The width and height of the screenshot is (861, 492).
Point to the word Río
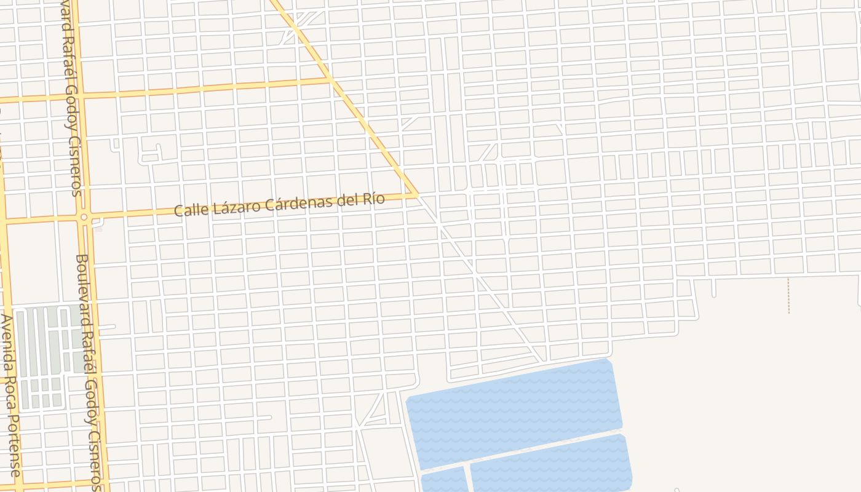pyautogui.click(x=373, y=199)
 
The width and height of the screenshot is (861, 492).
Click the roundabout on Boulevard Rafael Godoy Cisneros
pyautogui.click(x=84, y=217)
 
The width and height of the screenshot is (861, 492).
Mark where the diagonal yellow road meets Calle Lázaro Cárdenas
pyautogui.click(x=418, y=195)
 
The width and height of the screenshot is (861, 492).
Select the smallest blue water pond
pyautogui.click(x=443, y=480)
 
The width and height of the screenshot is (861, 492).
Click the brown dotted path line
pyautogui.click(x=788, y=295)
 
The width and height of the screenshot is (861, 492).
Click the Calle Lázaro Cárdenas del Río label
pyautogui.click(x=280, y=204)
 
